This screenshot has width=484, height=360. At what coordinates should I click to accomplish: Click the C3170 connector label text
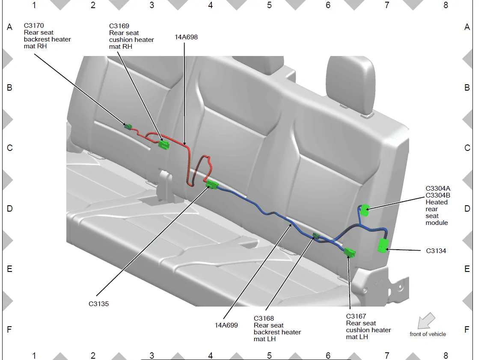[x=34, y=26]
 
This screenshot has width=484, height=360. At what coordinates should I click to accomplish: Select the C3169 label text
[x=119, y=26]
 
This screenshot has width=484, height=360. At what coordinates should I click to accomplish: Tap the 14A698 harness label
[x=186, y=37]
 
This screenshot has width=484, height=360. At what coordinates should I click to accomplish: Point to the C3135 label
[x=98, y=304]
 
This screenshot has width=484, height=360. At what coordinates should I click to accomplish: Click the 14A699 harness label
[x=226, y=325]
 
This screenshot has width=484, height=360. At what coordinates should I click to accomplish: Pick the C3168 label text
[x=264, y=319]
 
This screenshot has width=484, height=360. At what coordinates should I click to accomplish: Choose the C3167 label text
[x=356, y=316]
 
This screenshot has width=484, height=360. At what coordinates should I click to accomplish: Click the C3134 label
[x=436, y=251]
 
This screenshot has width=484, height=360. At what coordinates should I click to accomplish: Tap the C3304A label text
[x=438, y=189]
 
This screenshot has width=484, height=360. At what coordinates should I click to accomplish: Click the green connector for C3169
[x=164, y=145]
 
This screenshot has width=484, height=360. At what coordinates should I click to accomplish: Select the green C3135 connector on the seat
[x=212, y=184]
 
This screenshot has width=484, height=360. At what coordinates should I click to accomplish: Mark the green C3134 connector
[x=383, y=245]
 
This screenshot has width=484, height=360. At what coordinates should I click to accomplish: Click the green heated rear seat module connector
[x=365, y=210]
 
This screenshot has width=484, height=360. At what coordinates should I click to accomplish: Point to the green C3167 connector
[x=350, y=252]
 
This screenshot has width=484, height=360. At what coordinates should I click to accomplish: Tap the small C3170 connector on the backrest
[x=128, y=127]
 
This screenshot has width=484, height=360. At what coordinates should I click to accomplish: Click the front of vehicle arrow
[x=426, y=321]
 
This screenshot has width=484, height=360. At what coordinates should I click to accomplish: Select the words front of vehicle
[x=428, y=334]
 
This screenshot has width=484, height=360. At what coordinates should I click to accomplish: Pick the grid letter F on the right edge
[x=467, y=330]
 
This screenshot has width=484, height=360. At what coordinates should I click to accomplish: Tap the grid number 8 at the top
[x=446, y=5]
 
